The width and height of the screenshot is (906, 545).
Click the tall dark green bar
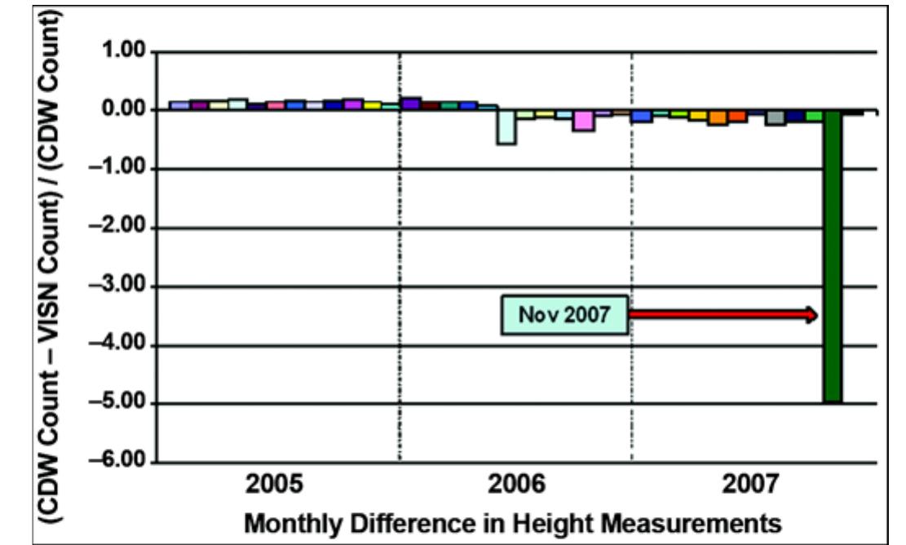832,257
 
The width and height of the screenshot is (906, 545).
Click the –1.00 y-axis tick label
120,169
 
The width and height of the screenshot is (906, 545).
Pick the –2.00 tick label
120,228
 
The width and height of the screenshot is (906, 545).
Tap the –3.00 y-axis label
120,286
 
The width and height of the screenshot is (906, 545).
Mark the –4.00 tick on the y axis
120,345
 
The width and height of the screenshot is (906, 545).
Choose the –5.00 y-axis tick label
120,404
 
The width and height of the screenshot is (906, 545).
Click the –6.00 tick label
120,463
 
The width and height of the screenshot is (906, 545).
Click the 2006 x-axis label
518,486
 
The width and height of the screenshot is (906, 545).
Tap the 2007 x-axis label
751,486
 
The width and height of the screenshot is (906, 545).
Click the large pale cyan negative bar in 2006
506,128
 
